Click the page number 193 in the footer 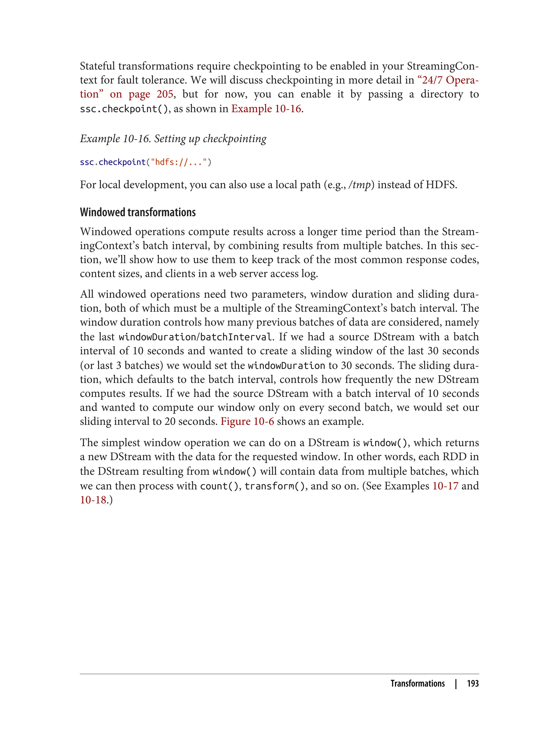coord(472,683)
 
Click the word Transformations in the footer coord(417,683)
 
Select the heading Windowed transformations coord(138,212)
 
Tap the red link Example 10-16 coord(266,109)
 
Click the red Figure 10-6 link coord(247,421)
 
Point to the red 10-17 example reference coord(445,486)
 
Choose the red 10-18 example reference coord(93,500)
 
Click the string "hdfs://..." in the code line coord(179,162)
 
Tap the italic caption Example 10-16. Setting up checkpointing coord(173,138)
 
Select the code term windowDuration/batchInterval coord(196,337)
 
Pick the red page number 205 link coord(165,94)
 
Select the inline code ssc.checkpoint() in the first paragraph coord(124,109)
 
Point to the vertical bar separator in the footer coord(456,683)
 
